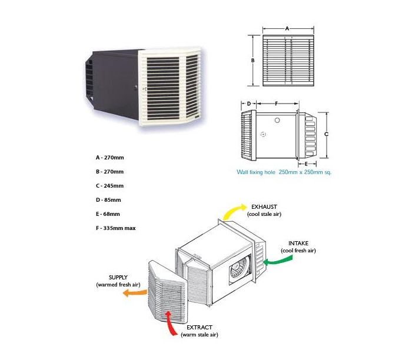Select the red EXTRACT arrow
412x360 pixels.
coord(171,324)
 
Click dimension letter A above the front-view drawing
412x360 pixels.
coord(287,28)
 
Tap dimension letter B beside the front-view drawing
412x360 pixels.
coord(251,60)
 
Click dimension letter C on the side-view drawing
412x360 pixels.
coord(326,134)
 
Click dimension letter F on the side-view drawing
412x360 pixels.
coord(276,104)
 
